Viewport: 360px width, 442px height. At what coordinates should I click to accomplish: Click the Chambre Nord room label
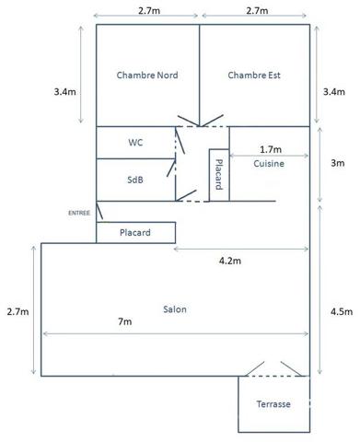[147, 76]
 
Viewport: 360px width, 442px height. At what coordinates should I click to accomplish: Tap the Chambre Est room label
[254, 76]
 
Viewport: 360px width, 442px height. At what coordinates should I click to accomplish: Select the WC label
[135, 143]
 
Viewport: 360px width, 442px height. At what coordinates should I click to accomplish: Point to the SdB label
[135, 180]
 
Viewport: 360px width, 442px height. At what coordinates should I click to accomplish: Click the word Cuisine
[269, 164]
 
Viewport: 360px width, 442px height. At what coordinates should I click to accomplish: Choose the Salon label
[175, 309]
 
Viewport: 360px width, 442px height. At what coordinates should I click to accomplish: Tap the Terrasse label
[273, 404]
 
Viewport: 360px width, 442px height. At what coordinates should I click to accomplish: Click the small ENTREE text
[79, 213]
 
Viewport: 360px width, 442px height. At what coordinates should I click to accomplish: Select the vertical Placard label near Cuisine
[219, 174]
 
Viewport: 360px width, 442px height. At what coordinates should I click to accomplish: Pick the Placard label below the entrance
[135, 233]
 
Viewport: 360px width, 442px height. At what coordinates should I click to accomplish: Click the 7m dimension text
[125, 321]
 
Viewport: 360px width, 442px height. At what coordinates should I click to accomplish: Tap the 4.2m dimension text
[230, 261]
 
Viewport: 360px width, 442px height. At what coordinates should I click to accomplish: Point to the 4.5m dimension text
[342, 312]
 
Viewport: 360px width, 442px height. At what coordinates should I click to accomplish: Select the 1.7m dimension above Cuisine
[271, 149]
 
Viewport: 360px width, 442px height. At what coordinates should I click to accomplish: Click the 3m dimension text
[338, 163]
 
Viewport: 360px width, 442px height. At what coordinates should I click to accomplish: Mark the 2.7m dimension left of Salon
[17, 312]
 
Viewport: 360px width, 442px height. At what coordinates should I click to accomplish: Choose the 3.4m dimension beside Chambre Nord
[64, 92]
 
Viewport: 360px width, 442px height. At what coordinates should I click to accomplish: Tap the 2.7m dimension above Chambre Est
[257, 11]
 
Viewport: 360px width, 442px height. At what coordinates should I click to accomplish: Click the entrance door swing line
[99, 211]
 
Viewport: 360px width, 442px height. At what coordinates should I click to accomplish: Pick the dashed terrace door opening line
[274, 376]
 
